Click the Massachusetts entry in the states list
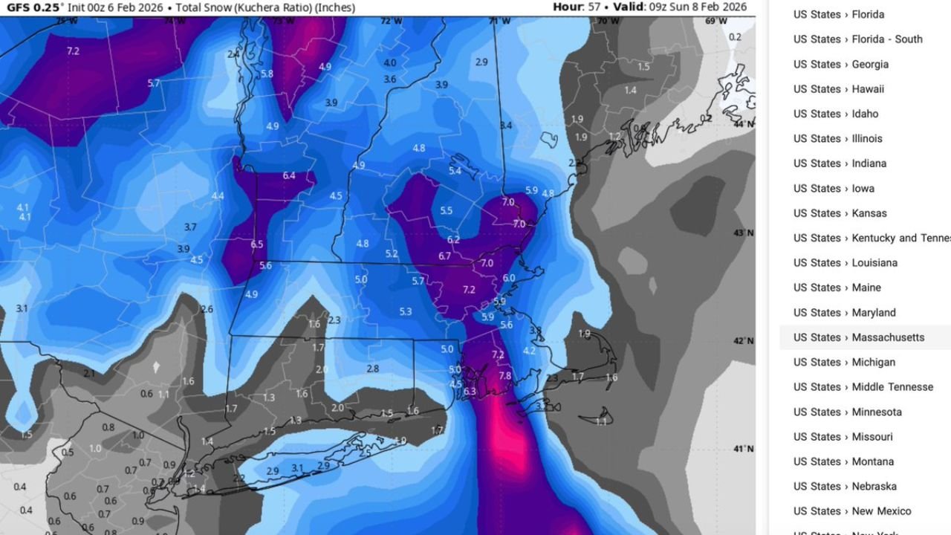click(x=858, y=337)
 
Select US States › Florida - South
click(x=857, y=39)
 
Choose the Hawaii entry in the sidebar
click(x=838, y=89)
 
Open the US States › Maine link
click(x=837, y=288)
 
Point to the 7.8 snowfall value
click(x=505, y=376)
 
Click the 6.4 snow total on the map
click(x=289, y=176)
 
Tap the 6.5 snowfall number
click(x=257, y=244)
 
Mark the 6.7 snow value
click(x=445, y=256)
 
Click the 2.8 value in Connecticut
click(x=372, y=369)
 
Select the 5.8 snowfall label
click(x=267, y=74)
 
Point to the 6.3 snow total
click(x=470, y=392)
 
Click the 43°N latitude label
click(x=744, y=233)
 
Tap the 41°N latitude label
click(x=744, y=450)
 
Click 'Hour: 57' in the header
click(x=577, y=7)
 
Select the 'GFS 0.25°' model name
click(x=36, y=7)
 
